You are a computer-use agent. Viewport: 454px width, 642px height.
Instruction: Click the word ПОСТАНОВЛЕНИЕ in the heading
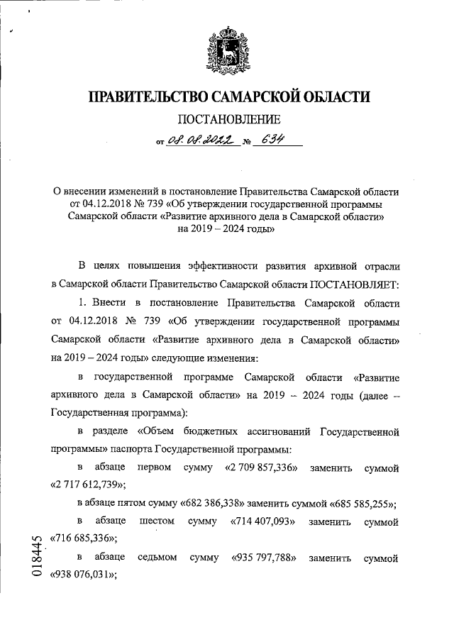point(227,119)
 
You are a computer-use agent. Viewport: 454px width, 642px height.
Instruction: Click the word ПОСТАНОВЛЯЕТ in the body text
point(352,284)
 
